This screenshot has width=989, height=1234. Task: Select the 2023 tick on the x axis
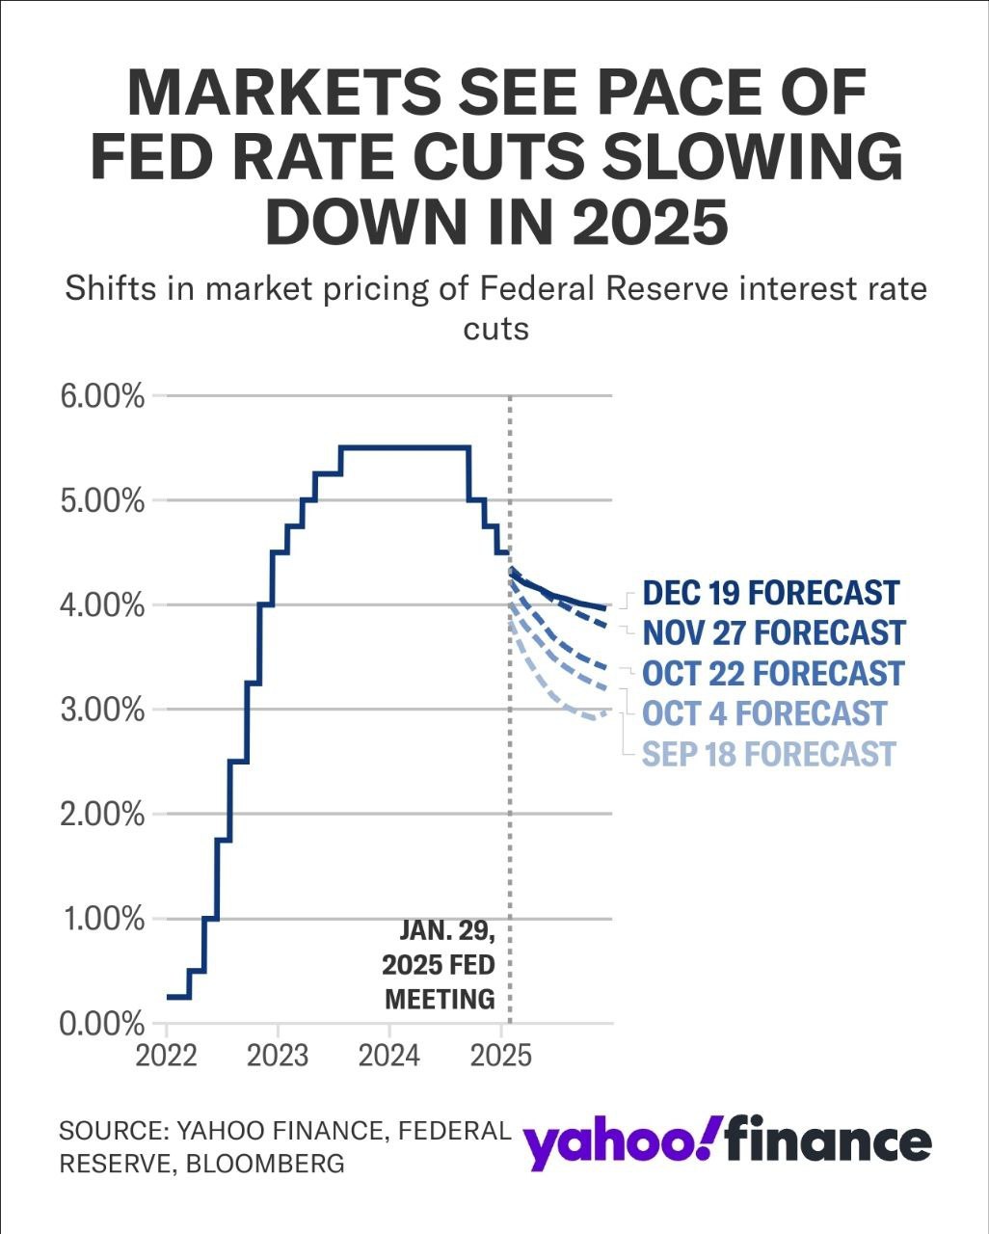(278, 1056)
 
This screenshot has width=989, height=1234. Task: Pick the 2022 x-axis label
(167, 1056)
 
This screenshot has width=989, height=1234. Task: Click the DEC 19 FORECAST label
(770, 593)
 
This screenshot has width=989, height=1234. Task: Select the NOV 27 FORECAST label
(774, 633)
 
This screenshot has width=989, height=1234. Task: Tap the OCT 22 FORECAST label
(773, 673)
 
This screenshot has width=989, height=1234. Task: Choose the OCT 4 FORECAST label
(763, 713)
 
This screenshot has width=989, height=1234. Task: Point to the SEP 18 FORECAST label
(769, 754)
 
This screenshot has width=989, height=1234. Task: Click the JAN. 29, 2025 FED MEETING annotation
(441, 965)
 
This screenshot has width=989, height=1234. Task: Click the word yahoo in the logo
(608, 1142)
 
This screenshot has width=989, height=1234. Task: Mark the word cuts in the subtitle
(495, 329)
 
